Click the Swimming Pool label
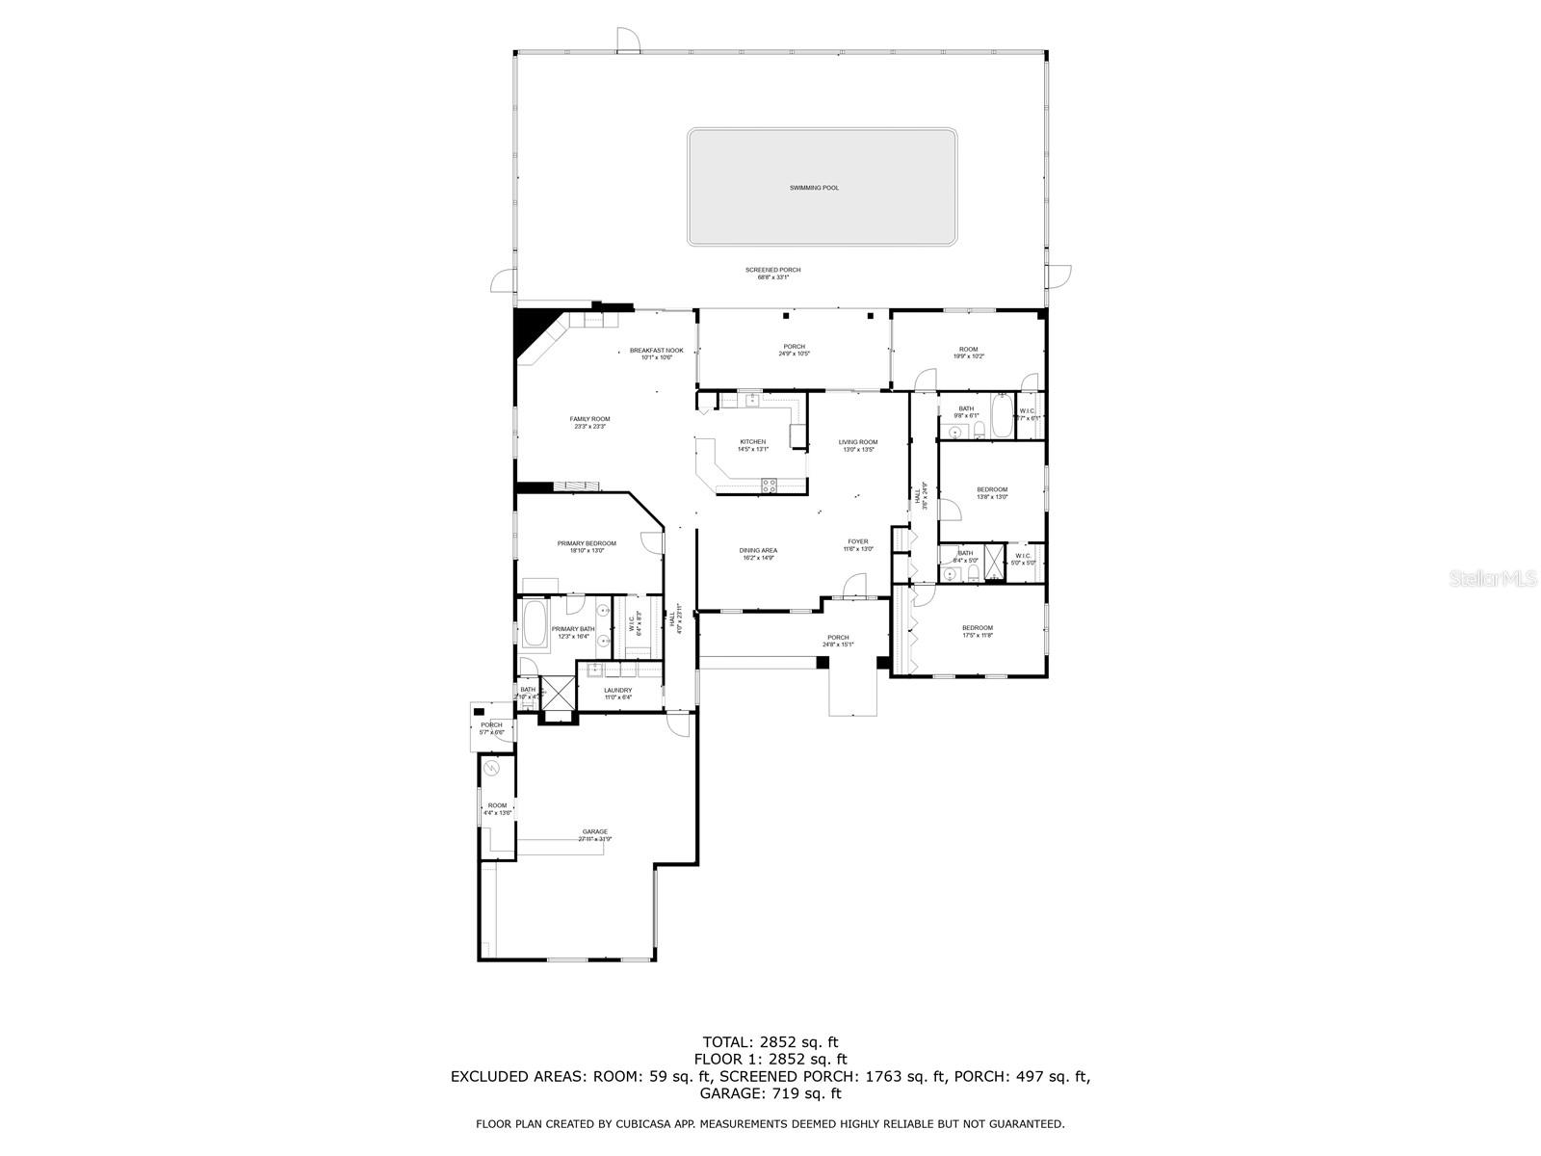(814, 188)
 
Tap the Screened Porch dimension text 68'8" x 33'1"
(773, 277)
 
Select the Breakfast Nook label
(657, 351)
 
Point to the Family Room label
(589, 419)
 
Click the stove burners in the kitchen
(769, 486)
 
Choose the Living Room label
(857, 442)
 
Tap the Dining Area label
(759, 551)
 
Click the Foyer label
(857, 541)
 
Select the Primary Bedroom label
(587, 543)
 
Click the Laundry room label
(618, 690)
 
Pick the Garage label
(594, 831)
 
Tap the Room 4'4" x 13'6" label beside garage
(497, 805)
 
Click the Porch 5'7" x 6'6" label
(491, 725)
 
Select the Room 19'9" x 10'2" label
(968, 350)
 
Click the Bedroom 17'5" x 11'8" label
(977, 628)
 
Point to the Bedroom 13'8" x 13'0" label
(992, 489)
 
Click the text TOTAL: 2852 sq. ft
(770, 1041)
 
